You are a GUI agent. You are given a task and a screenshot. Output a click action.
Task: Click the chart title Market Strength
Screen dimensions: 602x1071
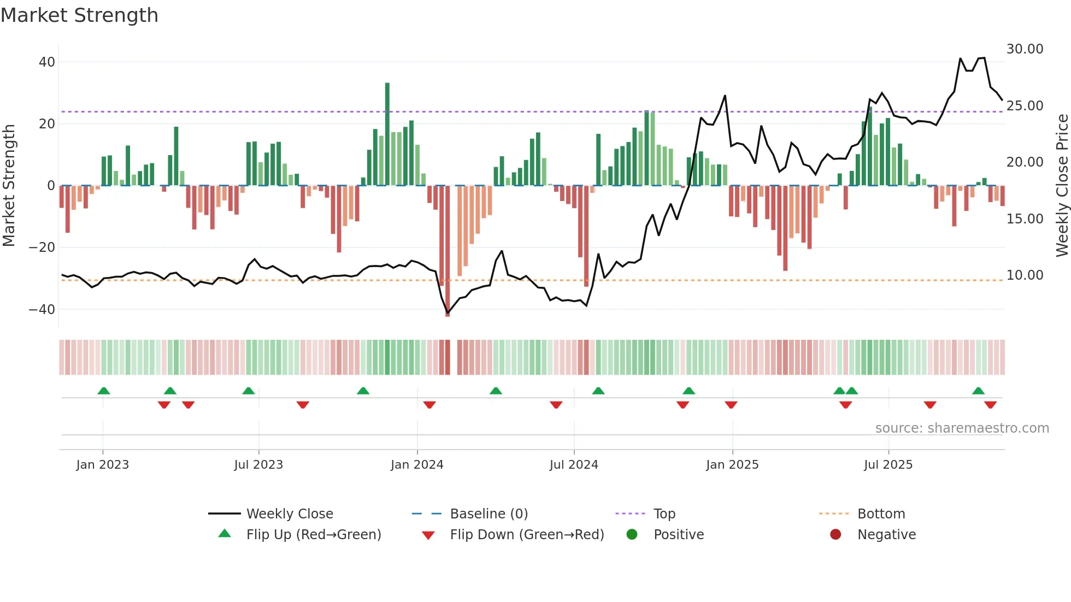79,15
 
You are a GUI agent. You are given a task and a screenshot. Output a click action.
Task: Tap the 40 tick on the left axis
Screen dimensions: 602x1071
47,62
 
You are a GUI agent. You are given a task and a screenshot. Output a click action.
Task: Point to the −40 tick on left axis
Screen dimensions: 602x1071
42,310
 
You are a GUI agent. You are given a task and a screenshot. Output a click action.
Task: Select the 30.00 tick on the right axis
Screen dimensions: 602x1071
1025,49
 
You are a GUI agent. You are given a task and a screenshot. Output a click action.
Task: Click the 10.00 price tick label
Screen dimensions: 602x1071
1025,275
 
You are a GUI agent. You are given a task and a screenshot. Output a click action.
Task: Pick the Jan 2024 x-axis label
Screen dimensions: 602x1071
417,465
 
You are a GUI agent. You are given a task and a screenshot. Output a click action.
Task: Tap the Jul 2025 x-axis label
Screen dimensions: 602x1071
888,465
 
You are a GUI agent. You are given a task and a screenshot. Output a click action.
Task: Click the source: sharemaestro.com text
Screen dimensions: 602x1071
962,428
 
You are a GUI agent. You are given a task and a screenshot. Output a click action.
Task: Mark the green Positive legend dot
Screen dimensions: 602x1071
632,535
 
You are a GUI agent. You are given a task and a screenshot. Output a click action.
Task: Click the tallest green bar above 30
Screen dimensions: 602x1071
387,134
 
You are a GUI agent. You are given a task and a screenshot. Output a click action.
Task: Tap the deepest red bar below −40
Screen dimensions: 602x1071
448,251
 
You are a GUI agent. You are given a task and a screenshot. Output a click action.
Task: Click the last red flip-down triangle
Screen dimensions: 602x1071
990,405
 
